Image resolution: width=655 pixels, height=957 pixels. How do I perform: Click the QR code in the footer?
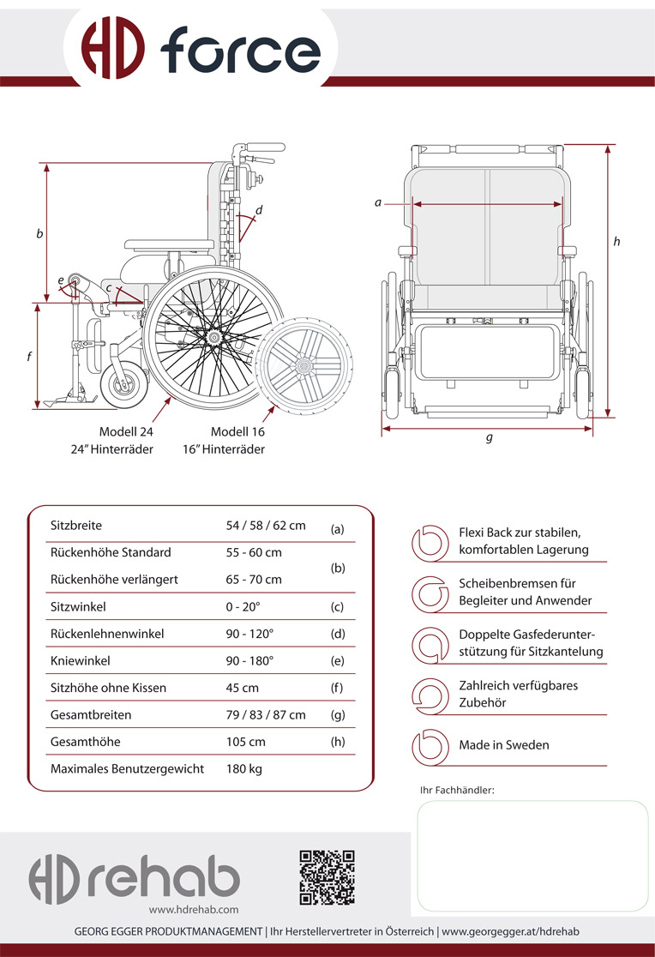327,876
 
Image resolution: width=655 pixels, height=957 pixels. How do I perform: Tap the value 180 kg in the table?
244,768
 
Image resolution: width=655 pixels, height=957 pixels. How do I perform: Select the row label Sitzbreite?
76,525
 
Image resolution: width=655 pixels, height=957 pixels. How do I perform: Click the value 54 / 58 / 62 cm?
266,525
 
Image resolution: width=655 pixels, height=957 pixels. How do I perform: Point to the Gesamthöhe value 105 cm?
246,741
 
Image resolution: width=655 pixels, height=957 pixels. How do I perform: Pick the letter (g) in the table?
337,715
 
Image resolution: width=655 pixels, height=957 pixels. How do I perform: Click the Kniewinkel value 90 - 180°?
249,661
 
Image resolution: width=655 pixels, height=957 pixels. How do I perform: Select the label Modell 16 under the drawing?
237,432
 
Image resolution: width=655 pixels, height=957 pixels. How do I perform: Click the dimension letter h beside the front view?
616,242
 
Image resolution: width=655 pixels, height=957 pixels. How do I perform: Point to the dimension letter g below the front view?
490,437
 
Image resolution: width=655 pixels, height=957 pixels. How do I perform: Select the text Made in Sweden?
503,744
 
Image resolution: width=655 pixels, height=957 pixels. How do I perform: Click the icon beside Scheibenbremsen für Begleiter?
430,592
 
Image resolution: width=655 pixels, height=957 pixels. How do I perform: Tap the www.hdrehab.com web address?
194,909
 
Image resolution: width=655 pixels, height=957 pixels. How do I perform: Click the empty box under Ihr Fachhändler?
532,855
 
